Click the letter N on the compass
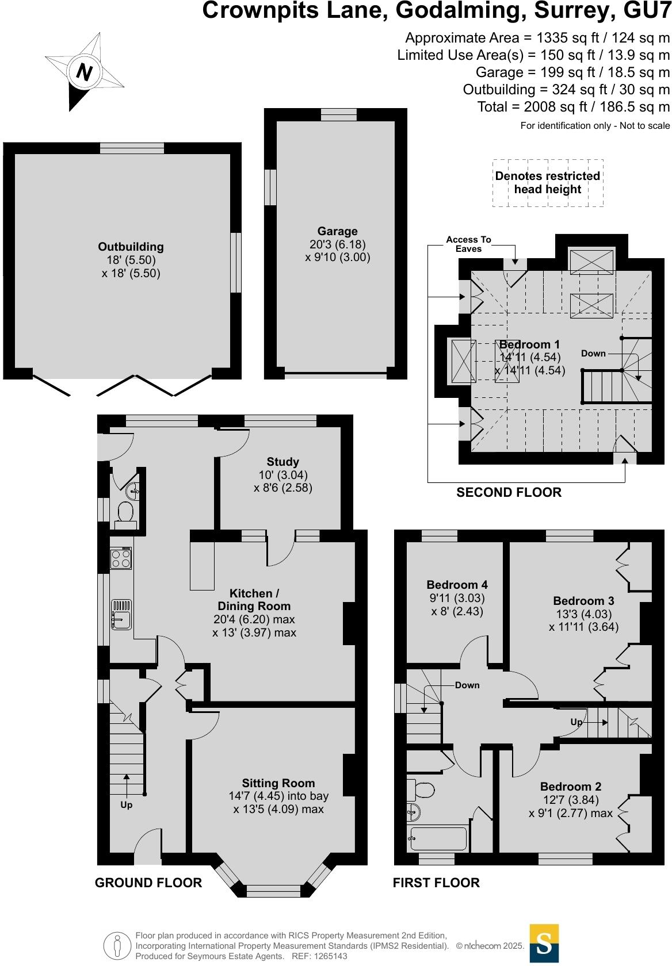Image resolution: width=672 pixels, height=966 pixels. (x=85, y=72)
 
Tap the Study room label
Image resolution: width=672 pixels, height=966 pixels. (x=282, y=462)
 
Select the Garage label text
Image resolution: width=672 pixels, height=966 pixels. (x=337, y=231)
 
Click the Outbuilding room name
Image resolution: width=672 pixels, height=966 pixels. (x=131, y=247)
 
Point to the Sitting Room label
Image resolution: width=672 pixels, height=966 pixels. (x=278, y=783)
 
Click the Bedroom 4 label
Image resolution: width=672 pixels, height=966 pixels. (x=458, y=585)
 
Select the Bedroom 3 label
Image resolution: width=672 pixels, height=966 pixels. (x=583, y=601)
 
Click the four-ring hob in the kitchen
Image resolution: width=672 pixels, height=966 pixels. (x=121, y=559)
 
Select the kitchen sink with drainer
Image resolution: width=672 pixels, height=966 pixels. (x=121, y=614)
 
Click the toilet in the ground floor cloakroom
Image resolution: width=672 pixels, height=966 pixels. (x=125, y=512)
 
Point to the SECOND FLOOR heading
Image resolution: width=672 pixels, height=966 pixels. (x=509, y=492)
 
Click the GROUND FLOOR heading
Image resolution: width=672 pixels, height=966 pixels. (x=148, y=883)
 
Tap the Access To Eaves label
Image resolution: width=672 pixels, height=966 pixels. (x=468, y=244)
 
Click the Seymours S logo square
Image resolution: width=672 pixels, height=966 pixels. (x=544, y=943)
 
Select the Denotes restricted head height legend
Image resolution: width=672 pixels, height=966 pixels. (x=548, y=183)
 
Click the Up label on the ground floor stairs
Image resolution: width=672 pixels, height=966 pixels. (x=126, y=805)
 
